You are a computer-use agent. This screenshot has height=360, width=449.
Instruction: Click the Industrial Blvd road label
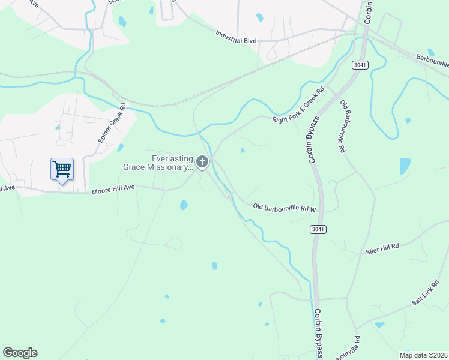[237, 40]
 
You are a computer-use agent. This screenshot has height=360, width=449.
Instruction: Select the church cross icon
[203, 161]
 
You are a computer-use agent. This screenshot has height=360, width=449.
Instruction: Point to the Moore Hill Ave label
[114, 192]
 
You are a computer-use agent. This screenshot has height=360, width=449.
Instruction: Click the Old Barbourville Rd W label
[285, 208]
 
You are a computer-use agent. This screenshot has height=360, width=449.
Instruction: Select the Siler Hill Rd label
[382, 249]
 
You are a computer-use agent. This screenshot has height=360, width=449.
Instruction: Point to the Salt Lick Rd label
[426, 293]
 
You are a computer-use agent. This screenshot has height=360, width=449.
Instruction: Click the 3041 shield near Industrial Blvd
[360, 65]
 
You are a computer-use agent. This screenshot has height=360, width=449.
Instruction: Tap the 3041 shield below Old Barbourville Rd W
[318, 229]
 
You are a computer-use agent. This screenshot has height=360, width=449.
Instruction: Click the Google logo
[20, 353]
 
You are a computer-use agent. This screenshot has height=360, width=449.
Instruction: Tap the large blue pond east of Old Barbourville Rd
[405, 166]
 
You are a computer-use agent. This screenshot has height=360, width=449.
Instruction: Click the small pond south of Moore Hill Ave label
[184, 205]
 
